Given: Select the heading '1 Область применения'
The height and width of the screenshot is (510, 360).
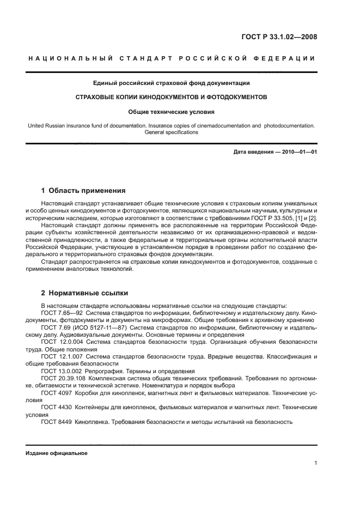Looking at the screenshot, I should [x=83, y=191].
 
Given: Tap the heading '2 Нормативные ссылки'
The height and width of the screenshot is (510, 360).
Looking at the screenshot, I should [x=78, y=293].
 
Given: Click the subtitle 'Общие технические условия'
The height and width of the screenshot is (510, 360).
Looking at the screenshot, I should [x=172, y=112].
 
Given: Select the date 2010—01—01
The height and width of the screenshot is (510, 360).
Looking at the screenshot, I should [x=297, y=152].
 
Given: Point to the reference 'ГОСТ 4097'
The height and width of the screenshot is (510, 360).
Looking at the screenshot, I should [x=56, y=392].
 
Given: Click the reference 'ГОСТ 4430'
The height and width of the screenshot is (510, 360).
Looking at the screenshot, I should [x=56, y=407].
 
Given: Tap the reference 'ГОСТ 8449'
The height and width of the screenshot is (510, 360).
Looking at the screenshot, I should [x=56, y=422].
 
